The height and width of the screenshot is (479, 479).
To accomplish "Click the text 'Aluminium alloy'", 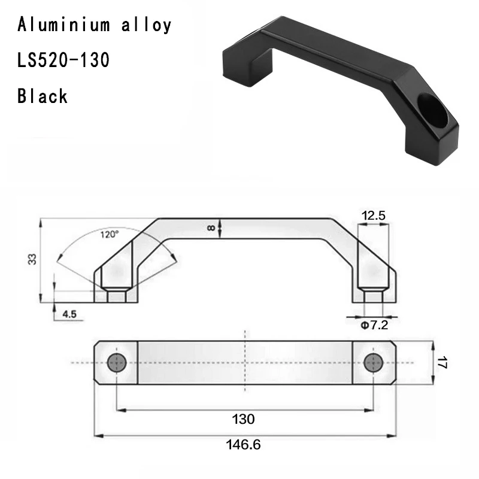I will pos(95,25).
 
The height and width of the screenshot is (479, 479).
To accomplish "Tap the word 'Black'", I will pos(43,96).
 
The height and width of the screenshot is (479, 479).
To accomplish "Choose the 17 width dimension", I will pos(442,362).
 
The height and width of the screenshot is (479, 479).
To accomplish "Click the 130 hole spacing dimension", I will pos(244,419).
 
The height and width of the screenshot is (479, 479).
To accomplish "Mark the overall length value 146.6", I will pos(244,445).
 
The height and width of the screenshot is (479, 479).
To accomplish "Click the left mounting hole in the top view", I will pos(116,362).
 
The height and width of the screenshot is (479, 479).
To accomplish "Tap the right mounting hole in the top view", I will pos(375,362).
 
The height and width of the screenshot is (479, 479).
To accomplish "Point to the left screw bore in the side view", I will pos(116,296).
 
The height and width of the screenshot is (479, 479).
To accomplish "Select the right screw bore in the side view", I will pos(374,296).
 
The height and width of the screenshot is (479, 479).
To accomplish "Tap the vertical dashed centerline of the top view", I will pos(244,371).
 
